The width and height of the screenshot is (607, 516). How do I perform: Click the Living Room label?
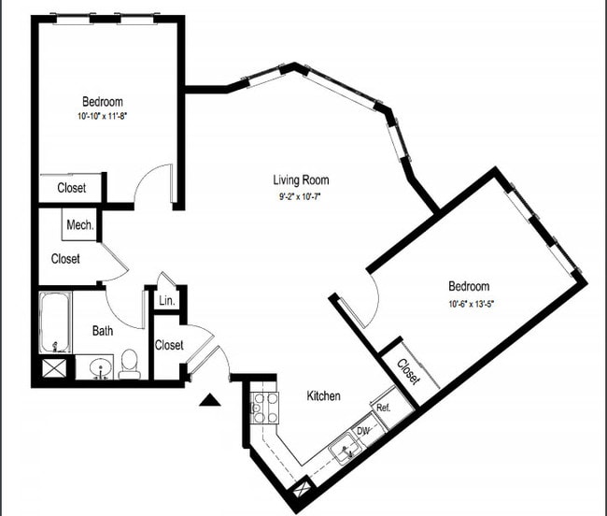pos(301,180)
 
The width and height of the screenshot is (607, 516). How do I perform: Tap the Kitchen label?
pos(323,396)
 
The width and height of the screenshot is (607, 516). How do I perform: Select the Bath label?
pos(103,330)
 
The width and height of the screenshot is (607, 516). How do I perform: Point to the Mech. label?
pos(79,225)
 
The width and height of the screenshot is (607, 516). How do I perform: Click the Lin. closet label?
pos(167,300)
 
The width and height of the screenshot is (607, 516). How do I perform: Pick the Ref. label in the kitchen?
pos(383,408)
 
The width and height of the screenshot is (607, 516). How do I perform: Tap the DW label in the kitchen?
pos(363,431)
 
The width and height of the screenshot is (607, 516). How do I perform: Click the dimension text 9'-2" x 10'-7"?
pos(301,195)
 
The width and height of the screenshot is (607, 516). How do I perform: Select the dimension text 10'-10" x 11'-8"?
pos(103,117)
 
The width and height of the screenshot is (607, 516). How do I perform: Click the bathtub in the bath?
pos(55,322)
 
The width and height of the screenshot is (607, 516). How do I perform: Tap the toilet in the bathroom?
pos(130,365)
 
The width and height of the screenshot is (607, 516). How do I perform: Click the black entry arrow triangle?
pos(210,401)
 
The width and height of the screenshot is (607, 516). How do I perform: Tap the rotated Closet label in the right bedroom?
pos(408,372)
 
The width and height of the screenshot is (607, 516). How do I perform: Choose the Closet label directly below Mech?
pos(65,259)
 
